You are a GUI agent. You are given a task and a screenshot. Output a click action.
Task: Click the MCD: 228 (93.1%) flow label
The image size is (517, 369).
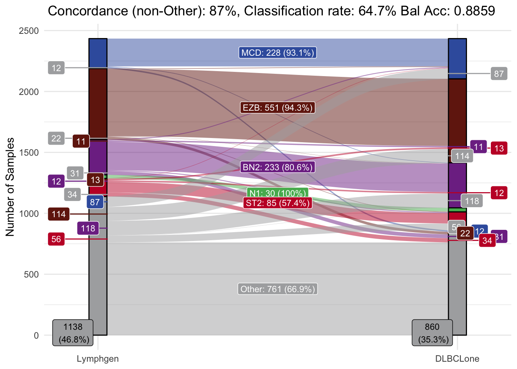tap(278, 53)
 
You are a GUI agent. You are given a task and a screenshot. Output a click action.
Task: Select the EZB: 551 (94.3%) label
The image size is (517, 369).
tap(278, 108)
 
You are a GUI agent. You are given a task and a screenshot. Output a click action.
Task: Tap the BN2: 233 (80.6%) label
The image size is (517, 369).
tap(278, 167)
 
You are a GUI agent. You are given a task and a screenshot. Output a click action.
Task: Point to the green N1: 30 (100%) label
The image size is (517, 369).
tap(278, 193)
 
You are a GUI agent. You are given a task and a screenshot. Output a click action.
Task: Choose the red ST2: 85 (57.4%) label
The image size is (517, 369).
tap(278, 203)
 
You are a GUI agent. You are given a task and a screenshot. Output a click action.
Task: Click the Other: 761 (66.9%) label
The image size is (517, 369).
tap(278, 289)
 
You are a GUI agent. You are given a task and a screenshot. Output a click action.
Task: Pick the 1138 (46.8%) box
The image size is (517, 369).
tap(73, 333)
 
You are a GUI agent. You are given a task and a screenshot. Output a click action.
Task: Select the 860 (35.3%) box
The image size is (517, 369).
tap(432, 333)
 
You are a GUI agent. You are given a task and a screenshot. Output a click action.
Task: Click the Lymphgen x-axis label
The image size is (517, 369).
tap(98, 359)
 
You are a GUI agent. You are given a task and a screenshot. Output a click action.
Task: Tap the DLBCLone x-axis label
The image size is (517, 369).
tap(457, 359)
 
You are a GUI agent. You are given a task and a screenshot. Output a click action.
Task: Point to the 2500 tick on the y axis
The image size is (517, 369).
tap(29, 31)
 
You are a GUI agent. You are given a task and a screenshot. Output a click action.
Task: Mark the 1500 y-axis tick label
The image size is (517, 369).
tap(29, 153)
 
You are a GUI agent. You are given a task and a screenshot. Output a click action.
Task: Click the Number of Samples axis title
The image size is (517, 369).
tap(10, 187)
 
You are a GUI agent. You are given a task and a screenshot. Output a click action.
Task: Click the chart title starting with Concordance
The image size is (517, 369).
tap(271, 11)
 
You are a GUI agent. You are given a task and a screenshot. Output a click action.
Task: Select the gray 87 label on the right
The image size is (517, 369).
tap(499, 73)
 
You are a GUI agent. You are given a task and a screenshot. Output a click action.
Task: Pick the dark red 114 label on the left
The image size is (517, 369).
tap(59, 214)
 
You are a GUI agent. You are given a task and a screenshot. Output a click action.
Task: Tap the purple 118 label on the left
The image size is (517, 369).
tap(88, 228)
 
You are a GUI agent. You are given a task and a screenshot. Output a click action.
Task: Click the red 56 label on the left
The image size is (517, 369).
tap(56, 239)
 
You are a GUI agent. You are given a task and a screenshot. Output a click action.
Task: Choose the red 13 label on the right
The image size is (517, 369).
tap(499, 148)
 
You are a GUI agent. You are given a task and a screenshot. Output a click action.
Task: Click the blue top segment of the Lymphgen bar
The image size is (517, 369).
tap(98, 53)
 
